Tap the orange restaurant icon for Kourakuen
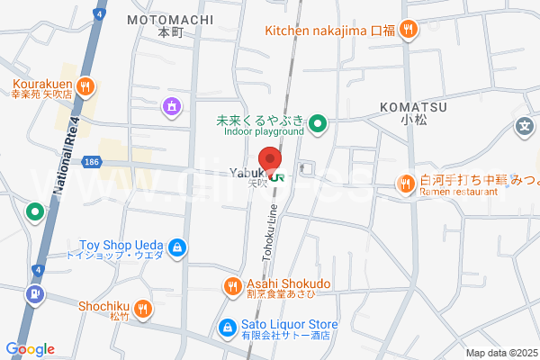(x=85, y=86)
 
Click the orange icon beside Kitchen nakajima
(x=408, y=30)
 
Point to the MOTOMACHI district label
(x=170, y=19)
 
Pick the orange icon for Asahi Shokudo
(x=232, y=287)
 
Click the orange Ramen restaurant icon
(x=405, y=184)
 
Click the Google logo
(x=30, y=349)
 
